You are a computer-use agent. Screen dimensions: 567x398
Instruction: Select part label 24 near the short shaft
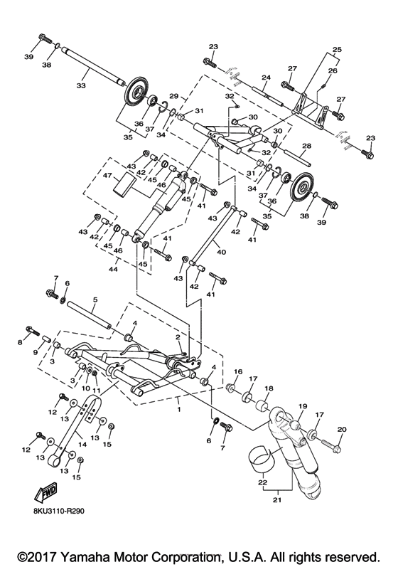click(265, 78)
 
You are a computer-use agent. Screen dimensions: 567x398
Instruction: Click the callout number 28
click(306, 146)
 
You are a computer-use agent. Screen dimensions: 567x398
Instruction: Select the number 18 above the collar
click(269, 389)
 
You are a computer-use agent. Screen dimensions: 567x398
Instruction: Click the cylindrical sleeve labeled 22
click(259, 455)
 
